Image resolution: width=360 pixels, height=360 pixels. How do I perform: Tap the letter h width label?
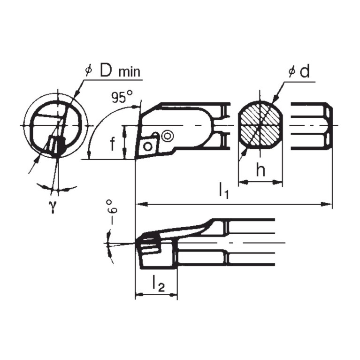(260, 171)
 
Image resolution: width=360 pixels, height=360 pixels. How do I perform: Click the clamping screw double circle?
(167, 136)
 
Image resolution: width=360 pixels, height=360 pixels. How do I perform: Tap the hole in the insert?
(148, 146)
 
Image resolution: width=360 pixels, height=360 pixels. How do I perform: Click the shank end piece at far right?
(312, 126)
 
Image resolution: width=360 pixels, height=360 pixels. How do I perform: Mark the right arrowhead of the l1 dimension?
(329, 204)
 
